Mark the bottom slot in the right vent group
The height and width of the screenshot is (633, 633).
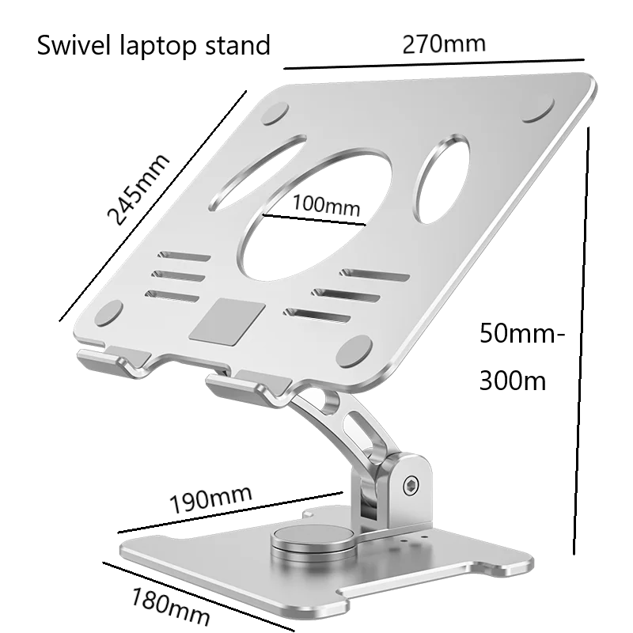pyautogui.click(x=316, y=314)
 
